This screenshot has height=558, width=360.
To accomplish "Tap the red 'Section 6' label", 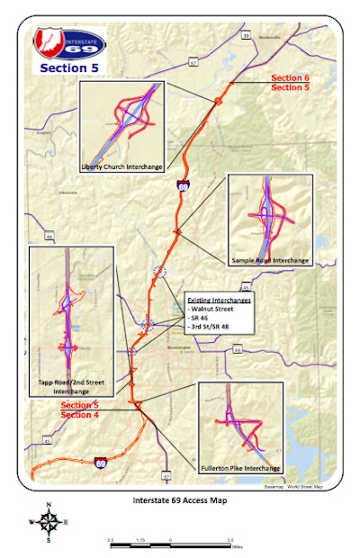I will [291, 78].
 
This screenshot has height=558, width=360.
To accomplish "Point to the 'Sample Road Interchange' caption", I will [270, 261].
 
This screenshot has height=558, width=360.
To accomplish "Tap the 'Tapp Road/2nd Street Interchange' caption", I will [71, 388].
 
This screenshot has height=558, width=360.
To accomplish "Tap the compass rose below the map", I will [50, 521].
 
